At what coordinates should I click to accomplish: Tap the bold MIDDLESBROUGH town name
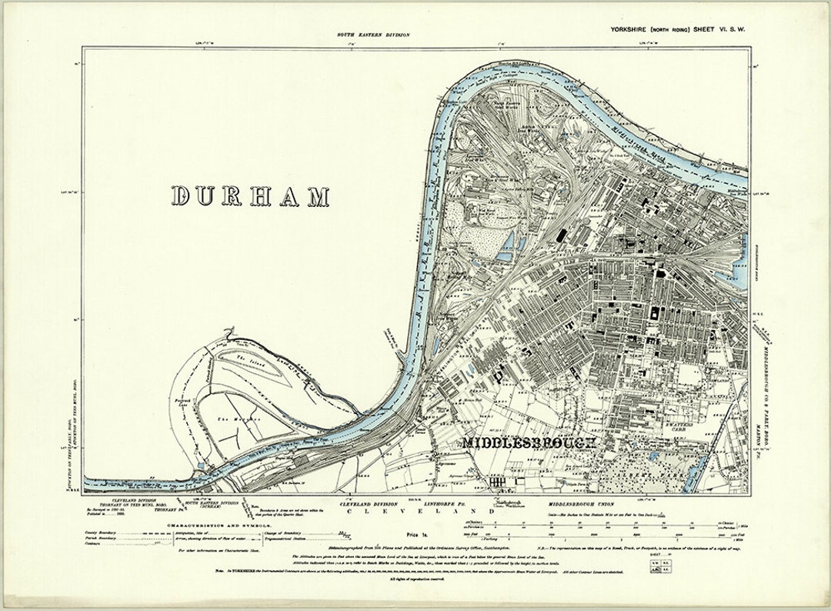tap(530, 443)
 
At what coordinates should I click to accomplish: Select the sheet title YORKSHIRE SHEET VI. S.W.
tap(674, 30)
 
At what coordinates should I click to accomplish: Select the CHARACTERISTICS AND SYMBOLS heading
tap(210, 525)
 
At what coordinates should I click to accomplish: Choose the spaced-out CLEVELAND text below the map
tap(419, 511)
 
